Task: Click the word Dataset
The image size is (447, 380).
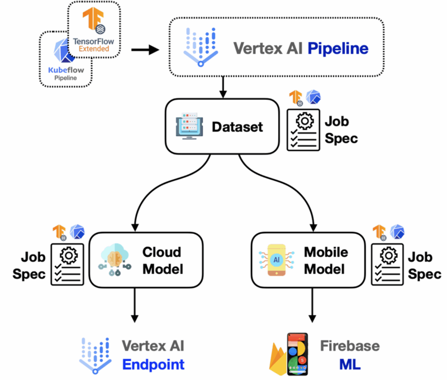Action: click(237, 127)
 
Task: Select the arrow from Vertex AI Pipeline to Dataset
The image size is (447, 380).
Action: click(223, 87)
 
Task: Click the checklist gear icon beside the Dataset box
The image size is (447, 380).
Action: click(304, 130)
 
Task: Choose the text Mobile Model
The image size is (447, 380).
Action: click(326, 260)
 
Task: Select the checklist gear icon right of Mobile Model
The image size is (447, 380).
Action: click(388, 264)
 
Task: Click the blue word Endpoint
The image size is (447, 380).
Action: click(153, 365)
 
